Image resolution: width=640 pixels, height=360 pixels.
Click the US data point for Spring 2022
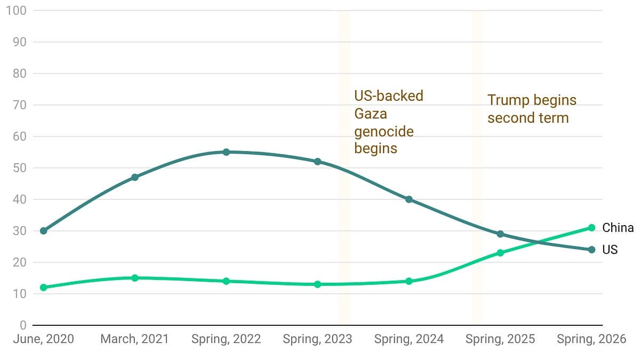pos(226,152)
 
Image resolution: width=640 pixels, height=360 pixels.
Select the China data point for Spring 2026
pos(591,228)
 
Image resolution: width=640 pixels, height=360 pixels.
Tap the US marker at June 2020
pos(43,231)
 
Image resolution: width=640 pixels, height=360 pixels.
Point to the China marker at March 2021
pos(135,278)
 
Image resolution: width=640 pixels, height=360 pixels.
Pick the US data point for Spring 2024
pos(409,199)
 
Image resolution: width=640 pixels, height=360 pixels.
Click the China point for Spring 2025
pos(500,253)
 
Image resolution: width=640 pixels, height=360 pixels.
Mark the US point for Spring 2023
pos(317,162)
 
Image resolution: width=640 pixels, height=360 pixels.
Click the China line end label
pos(618,228)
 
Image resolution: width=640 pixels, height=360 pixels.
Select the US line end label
pos(610,250)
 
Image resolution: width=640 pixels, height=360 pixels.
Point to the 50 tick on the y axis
pos(19,168)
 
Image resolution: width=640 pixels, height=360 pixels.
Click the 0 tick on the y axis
pos(23,325)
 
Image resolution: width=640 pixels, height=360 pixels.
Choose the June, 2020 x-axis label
pos(43,339)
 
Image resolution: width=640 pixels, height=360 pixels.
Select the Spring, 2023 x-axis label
pos(317,339)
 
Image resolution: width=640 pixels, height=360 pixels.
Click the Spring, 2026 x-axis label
pos(591,339)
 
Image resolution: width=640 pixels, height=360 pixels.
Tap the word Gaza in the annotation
pos(371,114)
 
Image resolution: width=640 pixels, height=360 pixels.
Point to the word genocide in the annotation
pos(384,132)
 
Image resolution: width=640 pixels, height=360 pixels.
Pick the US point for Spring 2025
pos(500,234)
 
